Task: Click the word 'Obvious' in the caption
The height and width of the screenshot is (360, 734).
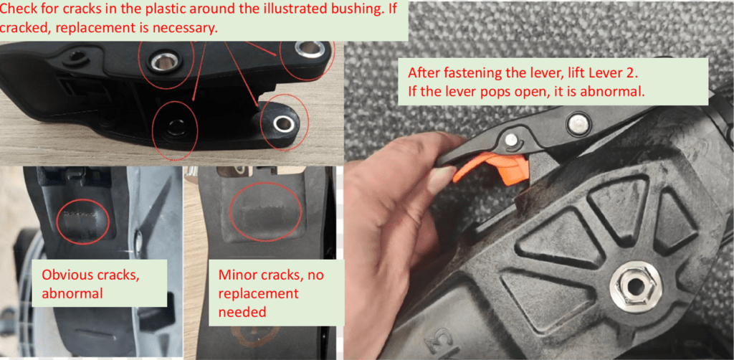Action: tap(65, 275)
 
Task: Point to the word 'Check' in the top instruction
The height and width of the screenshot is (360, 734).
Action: tap(20, 10)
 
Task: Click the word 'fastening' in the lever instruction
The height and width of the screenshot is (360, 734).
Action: tap(475, 74)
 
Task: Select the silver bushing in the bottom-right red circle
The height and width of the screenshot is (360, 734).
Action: tap(282, 125)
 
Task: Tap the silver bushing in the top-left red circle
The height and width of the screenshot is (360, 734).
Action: tap(166, 60)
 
